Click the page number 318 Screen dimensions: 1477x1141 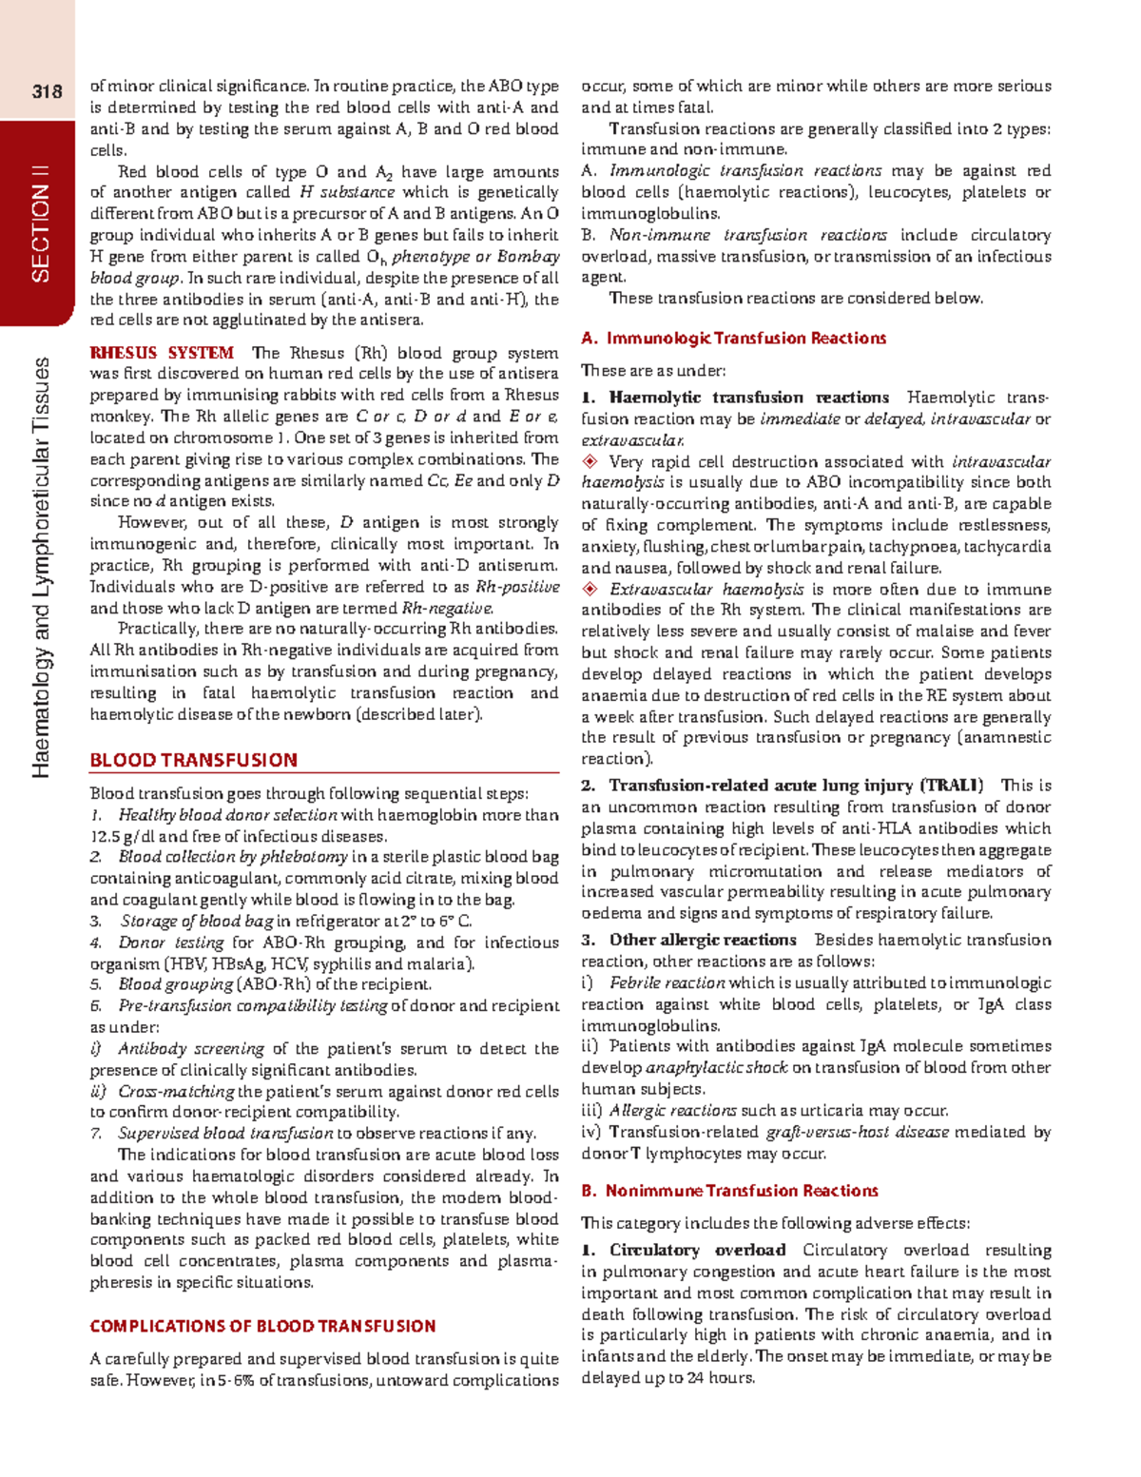click(x=47, y=91)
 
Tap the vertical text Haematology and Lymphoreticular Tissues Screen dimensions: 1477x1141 click(x=41, y=567)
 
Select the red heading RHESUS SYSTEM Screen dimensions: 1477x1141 click(x=161, y=353)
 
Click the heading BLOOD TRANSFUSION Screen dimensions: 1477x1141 click(x=193, y=760)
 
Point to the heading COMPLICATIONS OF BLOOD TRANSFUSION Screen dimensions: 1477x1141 click(x=262, y=1326)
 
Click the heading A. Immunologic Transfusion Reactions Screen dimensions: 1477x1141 click(x=733, y=338)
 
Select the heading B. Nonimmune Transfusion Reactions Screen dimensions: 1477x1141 click(x=729, y=1191)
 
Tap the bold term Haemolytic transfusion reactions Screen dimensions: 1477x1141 click(x=748, y=398)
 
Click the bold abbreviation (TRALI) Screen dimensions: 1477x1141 click(x=951, y=786)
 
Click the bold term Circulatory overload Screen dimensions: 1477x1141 click(x=697, y=1250)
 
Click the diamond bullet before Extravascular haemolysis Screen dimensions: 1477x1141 click(x=590, y=589)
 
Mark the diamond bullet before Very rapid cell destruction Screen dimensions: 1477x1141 click(x=590, y=461)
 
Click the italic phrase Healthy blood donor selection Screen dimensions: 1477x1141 click(x=227, y=815)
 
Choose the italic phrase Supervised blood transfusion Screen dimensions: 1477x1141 click(x=225, y=1133)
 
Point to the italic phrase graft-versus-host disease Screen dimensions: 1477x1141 click(x=857, y=1132)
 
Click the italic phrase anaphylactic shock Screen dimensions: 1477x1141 click(x=716, y=1067)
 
